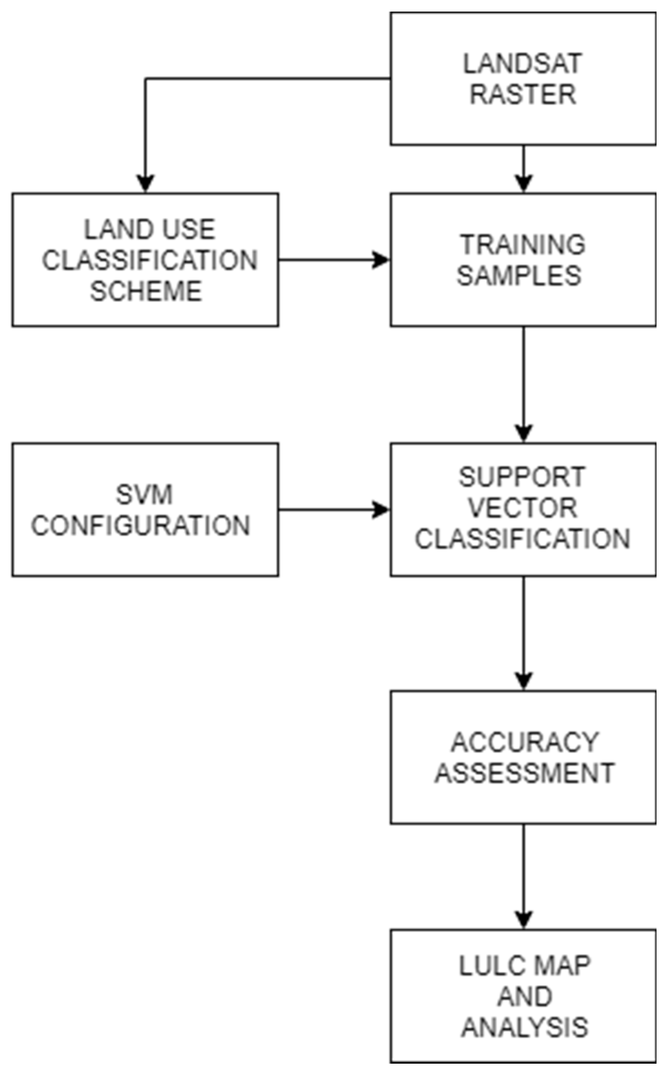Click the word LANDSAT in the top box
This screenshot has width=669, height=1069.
click(x=522, y=64)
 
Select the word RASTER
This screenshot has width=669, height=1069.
click(x=522, y=94)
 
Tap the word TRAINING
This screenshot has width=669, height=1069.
click(x=522, y=245)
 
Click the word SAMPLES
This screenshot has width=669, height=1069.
click(x=519, y=275)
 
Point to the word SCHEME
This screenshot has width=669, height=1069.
click(x=146, y=291)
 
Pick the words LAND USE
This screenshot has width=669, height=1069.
click(x=150, y=229)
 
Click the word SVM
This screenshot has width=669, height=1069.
click(x=144, y=494)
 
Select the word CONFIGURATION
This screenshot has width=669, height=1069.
click(x=140, y=525)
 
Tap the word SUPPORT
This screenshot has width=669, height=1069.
click(x=522, y=477)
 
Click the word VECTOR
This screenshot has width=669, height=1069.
click(x=522, y=508)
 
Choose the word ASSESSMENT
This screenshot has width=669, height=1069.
click(x=525, y=773)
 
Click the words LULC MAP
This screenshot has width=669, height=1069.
click(x=525, y=966)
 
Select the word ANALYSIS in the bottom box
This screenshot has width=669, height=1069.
click(x=525, y=1027)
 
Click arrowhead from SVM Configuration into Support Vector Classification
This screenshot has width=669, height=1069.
click(x=381, y=509)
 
